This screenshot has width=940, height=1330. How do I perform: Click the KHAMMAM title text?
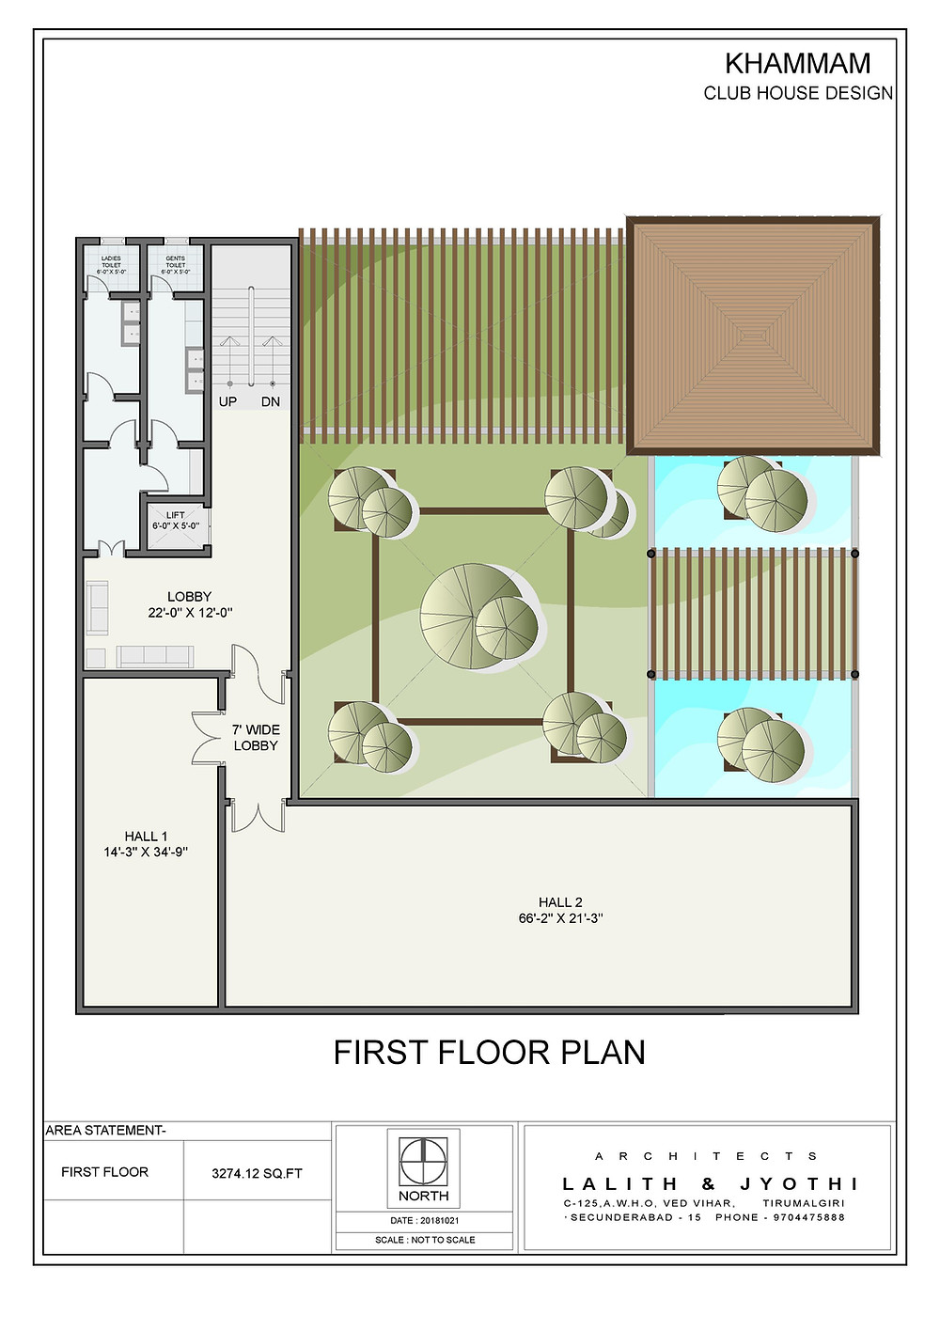797,64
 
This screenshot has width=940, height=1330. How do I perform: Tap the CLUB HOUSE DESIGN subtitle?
798,93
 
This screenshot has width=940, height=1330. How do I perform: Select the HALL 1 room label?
146,837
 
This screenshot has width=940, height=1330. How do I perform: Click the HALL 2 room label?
560,902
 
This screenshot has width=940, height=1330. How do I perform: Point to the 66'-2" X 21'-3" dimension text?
560,918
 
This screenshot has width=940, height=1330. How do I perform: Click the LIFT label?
176,515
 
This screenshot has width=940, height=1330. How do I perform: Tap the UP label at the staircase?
227,401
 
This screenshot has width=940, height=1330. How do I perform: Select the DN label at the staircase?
271,401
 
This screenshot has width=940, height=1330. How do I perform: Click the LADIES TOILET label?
112,264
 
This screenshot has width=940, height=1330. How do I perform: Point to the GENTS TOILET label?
176,264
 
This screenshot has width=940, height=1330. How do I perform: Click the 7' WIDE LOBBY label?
256,737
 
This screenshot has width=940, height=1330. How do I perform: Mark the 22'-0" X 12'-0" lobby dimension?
190,613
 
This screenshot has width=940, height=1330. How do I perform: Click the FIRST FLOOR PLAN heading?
489,1052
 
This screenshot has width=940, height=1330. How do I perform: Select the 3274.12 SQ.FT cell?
257,1173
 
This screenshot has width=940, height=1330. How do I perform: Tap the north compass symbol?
424,1162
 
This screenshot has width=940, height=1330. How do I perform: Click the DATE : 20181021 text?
424,1221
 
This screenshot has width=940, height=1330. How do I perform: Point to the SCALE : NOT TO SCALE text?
425,1240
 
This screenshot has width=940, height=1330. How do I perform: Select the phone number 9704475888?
808,1217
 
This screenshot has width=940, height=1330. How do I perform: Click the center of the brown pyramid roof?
753,335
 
